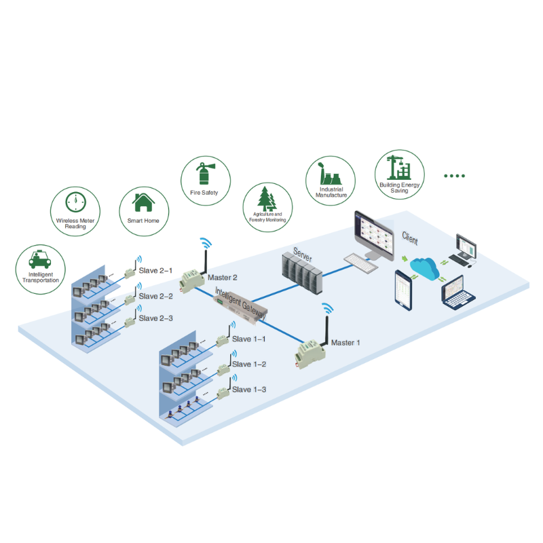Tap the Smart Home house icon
[143, 202]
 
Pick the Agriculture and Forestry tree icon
[268, 199]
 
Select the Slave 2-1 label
[156, 271]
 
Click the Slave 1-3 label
[249, 390]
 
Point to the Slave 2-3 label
[156, 318]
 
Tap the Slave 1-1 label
[249, 339]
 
